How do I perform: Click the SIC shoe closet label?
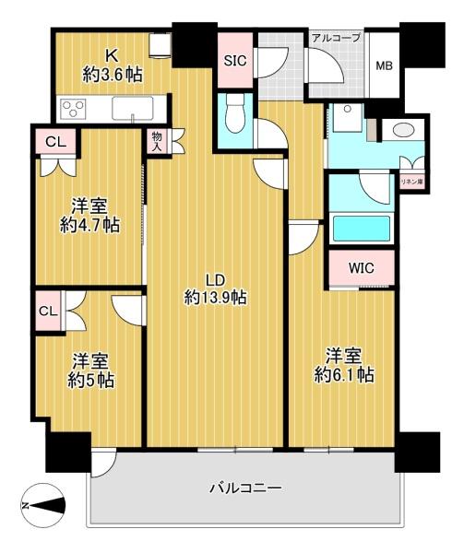(235, 61)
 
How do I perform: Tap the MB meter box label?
(384, 65)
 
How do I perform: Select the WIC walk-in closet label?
(361, 268)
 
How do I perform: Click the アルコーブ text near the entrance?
(336, 38)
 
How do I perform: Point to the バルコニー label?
(246, 488)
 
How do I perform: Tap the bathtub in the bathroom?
(362, 229)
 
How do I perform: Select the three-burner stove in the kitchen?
(73, 108)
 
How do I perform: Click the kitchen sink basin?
(133, 108)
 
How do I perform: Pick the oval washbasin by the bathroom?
(403, 130)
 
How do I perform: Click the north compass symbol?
(43, 505)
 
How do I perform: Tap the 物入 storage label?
(157, 141)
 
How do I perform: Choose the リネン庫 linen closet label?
(411, 182)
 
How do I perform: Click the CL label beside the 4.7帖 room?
(56, 142)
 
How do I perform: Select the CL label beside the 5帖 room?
(48, 312)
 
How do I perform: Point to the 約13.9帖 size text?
(215, 298)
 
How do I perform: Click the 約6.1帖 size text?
(344, 375)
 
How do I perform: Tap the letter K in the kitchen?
(112, 55)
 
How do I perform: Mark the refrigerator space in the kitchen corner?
(161, 44)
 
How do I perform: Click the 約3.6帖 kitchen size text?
(113, 75)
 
